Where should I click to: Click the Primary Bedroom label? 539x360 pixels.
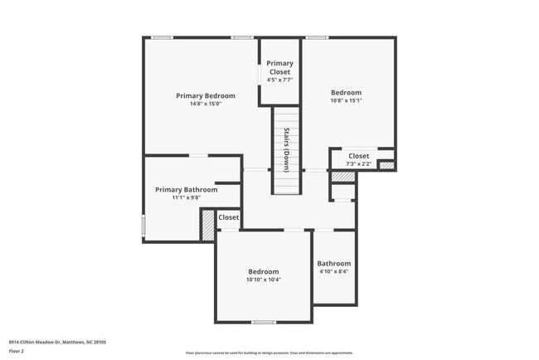point(206,95)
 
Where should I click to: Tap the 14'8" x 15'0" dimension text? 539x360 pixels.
point(206,104)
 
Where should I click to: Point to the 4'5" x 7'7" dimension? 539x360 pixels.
point(279,80)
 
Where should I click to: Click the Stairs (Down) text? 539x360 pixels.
point(285,150)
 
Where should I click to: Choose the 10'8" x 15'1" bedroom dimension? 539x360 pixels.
point(346,100)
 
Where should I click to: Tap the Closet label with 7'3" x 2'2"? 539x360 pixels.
point(358,155)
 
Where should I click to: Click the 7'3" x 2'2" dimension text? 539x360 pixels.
point(358,163)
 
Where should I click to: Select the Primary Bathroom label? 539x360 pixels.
point(187,189)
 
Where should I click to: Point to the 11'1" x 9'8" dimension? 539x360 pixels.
point(187,197)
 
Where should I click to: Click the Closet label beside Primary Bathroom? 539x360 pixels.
point(228,217)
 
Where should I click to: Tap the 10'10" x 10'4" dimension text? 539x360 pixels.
point(264,280)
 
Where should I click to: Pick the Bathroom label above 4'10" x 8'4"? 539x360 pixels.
point(333,263)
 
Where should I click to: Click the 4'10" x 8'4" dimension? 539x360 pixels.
point(333,271)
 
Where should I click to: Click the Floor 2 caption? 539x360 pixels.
point(17,351)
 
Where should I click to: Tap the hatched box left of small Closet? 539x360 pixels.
point(207,225)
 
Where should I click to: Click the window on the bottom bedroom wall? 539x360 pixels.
point(264,322)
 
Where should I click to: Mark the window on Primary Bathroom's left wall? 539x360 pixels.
point(143,225)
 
